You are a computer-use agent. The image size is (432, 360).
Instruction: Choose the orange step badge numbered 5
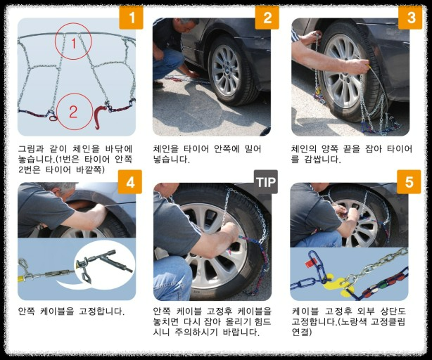click(409, 184)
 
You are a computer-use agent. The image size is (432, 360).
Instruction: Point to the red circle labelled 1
click(72, 41)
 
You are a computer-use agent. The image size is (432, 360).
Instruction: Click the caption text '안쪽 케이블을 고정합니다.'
click(71, 311)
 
